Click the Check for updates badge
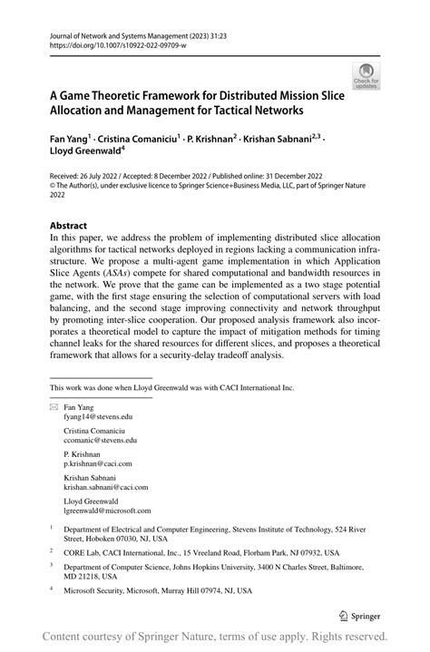click(366, 76)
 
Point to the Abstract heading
click(68, 225)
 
